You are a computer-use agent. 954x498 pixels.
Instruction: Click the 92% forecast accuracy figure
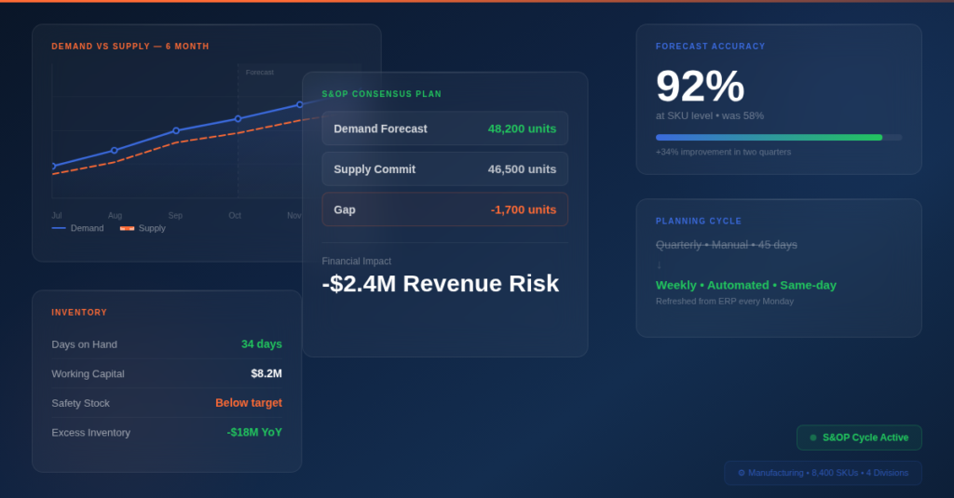coord(700,87)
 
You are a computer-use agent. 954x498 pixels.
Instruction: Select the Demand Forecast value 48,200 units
coord(522,128)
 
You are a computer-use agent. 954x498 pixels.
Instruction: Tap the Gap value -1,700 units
coord(523,209)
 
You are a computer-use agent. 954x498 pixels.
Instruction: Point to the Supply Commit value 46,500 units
coord(522,169)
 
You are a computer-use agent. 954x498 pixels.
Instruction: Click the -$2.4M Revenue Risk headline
coord(440,283)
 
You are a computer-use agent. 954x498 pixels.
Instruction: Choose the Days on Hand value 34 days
coord(261,344)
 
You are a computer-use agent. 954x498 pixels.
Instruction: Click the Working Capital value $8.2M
coord(266,373)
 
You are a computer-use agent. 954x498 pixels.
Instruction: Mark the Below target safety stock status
coord(248,403)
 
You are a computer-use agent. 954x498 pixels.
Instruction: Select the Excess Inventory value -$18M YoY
coord(253,432)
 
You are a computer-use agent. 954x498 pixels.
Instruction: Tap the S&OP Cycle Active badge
coord(859,437)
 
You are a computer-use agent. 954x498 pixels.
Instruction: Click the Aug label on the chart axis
coord(115,215)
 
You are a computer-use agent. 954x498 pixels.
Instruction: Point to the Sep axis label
coord(175,215)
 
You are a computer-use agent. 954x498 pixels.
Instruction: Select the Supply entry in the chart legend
coord(143,228)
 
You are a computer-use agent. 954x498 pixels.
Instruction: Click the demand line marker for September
coord(176,130)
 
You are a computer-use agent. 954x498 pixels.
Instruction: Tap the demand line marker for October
coord(238,118)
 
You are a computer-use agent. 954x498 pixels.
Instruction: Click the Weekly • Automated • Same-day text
coord(745,285)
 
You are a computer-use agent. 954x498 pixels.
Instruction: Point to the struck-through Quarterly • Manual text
coord(726,244)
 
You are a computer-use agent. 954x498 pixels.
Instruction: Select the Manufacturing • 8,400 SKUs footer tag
coord(823,473)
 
